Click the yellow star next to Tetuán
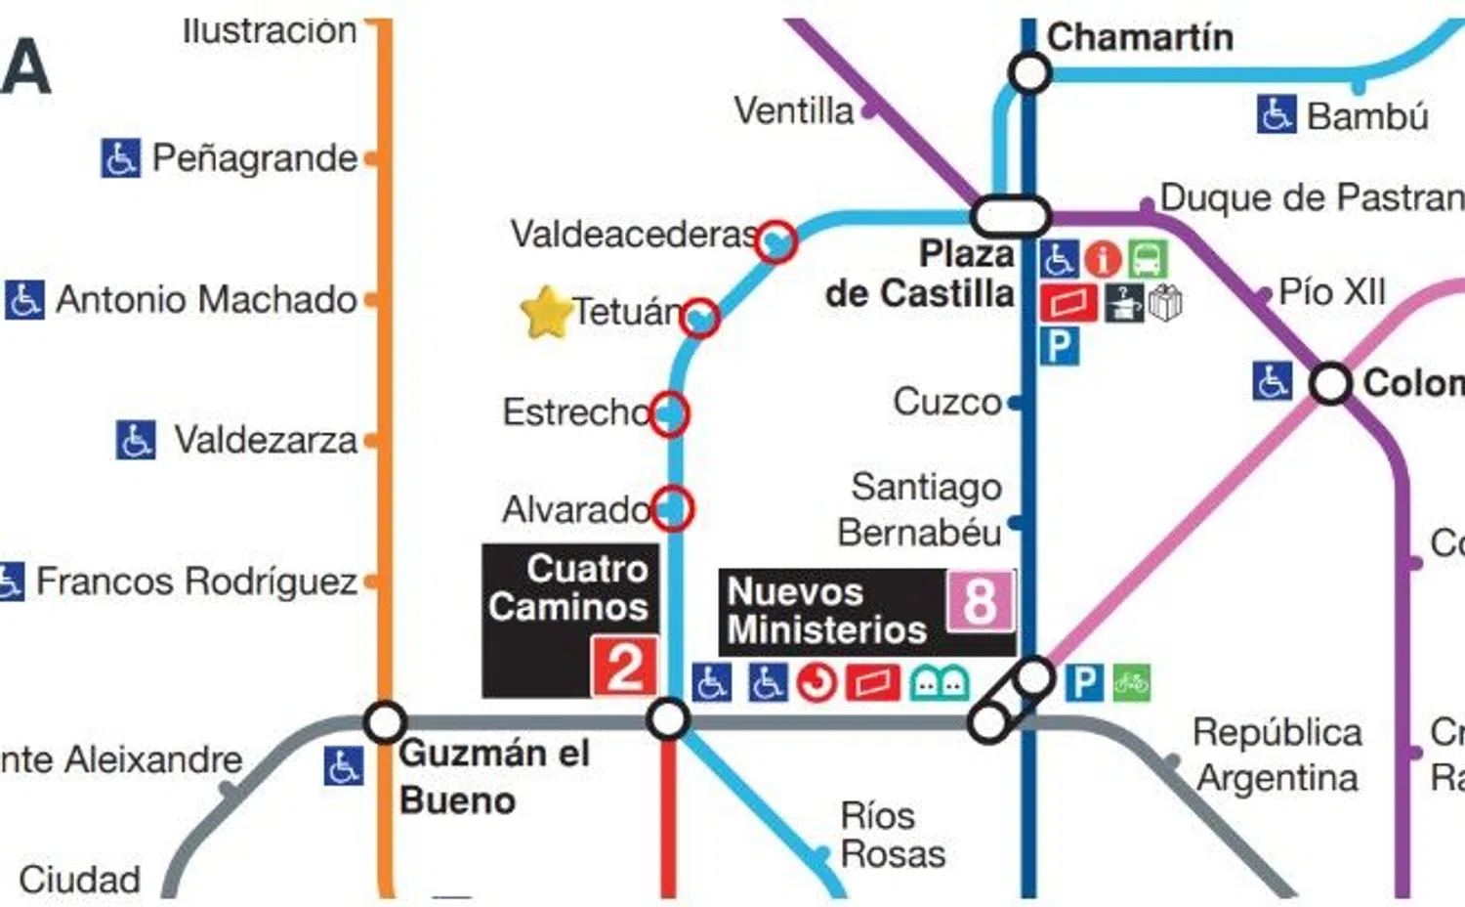[x=546, y=313]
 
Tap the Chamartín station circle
[x=1029, y=72]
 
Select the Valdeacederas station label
[x=634, y=235]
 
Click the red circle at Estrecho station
[x=669, y=413]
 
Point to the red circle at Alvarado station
[x=672, y=508]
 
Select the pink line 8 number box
[x=980, y=600]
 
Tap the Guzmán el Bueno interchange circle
[x=385, y=722]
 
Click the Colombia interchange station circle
[x=1330, y=383]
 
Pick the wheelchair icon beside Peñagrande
[x=120, y=158]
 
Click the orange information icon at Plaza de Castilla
[x=1103, y=260]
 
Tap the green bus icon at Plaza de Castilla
[x=1148, y=260]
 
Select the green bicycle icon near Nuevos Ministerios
[x=1131, y=682]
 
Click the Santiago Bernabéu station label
[x=919, y=509]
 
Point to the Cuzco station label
[x=946, y=402]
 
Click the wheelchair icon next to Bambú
[x=1276, y=115]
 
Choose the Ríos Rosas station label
[x=892, y=835]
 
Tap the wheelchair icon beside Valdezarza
[x=135, y=440]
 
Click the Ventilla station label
[x=793, y=111]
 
